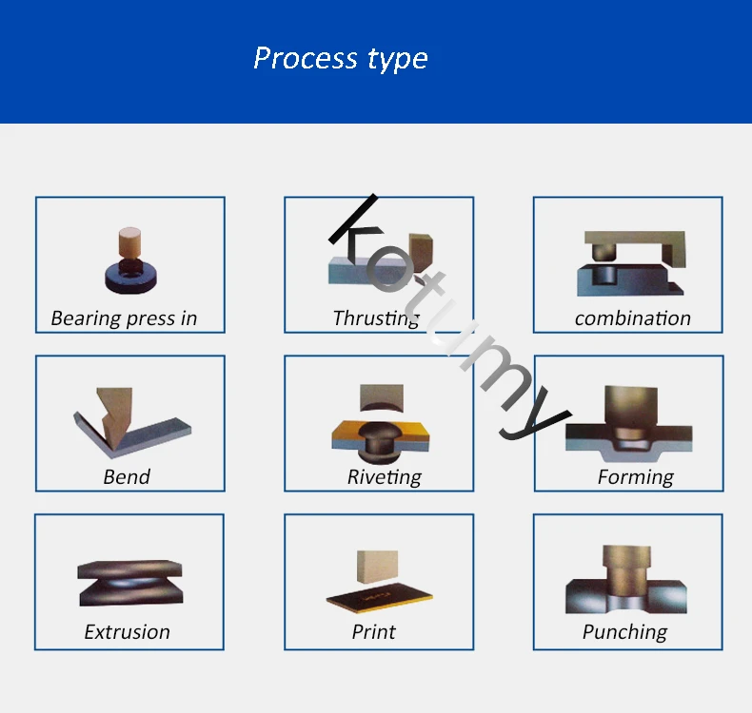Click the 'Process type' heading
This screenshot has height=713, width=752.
(x=341, y=59)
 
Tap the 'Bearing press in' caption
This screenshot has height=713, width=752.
(x=124, y=318)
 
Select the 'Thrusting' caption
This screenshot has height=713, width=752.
(x=376, y=318)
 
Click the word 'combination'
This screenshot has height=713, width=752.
(x=632, y=318)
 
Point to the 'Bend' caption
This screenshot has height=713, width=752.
(x=127, y=476)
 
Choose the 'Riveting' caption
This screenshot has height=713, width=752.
(x=384, y=476)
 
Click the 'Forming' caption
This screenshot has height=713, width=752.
(x=635, y=476)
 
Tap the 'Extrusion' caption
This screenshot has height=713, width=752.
(x=127, y=631)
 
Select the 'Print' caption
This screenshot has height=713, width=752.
(x=373, y=631)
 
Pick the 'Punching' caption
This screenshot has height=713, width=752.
(x=624, y=631)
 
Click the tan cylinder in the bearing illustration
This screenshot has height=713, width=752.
(x=130, y=241)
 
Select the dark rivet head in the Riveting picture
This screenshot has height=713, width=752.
(x=380, y=438)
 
